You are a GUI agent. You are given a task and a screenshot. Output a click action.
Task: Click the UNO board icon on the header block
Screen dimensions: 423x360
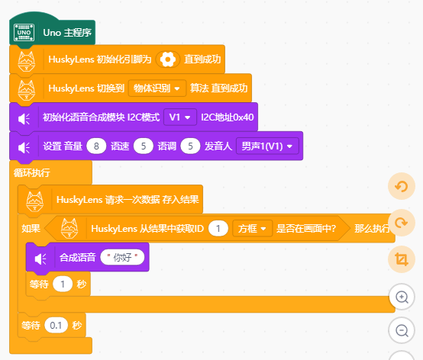pos(24,33)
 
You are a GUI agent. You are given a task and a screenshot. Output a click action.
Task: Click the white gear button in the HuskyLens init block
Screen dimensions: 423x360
pos(167,59)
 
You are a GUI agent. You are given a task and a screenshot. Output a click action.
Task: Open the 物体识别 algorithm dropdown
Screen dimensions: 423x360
pos(157,88)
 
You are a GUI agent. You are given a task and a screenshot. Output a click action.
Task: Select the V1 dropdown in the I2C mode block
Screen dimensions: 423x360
pos(180,117)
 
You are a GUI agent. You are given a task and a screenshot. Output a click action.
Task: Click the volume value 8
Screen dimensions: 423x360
pos(96,146)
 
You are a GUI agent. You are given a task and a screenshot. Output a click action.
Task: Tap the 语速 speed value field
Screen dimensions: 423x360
pos(144,146)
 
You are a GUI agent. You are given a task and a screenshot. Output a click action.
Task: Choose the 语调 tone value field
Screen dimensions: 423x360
pos(190,146)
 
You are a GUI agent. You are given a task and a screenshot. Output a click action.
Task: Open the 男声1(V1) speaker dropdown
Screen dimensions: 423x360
pos(267,146)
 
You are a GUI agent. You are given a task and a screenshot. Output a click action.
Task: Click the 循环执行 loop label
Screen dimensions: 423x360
pos(32,172)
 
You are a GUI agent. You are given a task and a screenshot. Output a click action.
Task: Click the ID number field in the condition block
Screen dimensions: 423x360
pos(218,229)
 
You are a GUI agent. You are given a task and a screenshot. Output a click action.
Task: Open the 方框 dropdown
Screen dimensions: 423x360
pos(252,229)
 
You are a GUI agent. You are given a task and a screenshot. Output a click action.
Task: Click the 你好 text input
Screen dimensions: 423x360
pos(122,257)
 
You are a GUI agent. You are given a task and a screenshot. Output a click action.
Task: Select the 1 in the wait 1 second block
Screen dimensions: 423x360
pos(63,284)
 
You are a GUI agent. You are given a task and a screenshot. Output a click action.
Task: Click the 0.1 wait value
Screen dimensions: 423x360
pos(56,325)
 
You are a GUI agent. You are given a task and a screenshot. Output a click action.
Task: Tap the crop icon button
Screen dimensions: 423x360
pos(402,259)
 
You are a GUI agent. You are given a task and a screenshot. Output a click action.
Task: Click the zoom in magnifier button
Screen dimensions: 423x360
pos(402,297)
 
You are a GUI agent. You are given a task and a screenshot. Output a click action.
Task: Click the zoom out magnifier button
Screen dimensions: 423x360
pos(402,330)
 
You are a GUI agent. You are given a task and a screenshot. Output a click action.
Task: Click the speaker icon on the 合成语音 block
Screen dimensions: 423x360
pos(40,259)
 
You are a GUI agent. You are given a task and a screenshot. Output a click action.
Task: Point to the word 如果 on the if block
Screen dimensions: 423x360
pos(31,229)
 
